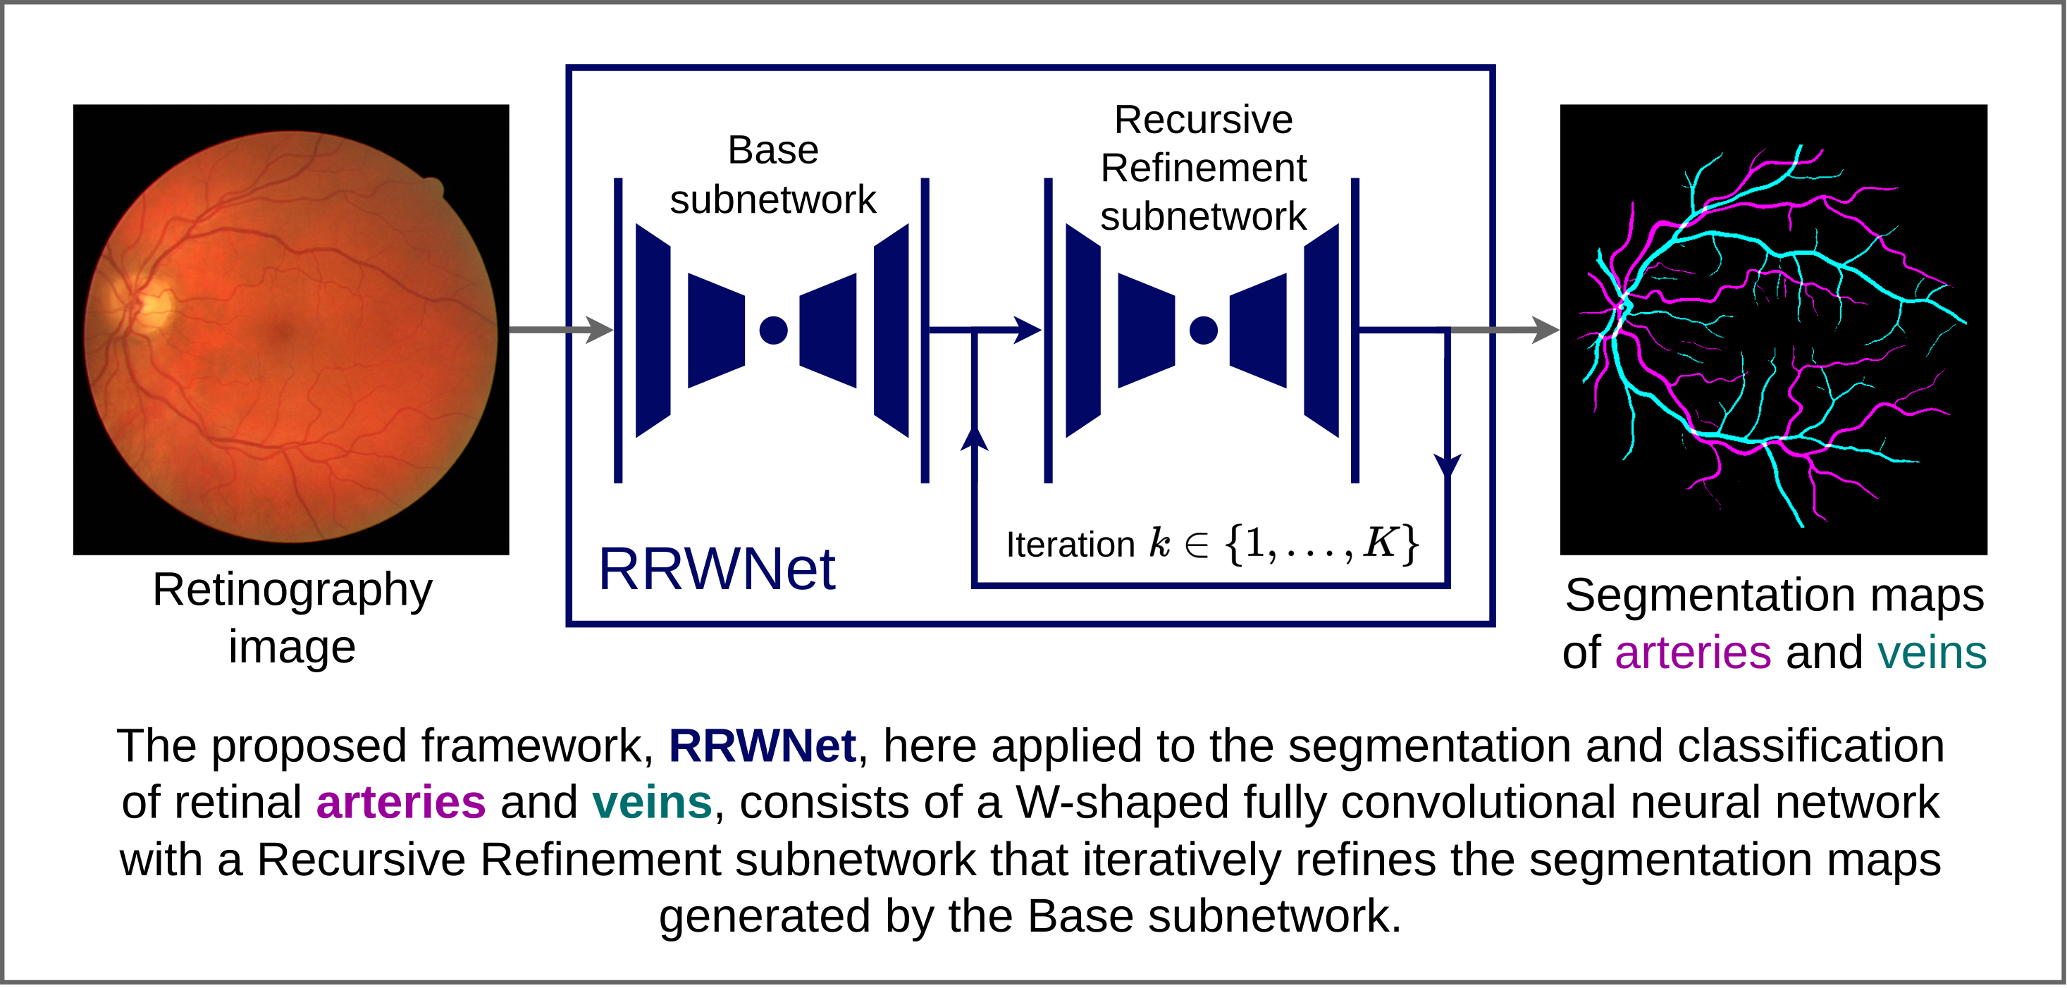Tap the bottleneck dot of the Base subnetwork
click(x=772, y=330)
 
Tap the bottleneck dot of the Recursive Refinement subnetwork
click(x=1203, y=330)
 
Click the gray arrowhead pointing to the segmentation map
click(x=1544, y=330)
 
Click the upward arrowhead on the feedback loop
click(x=974, y=439)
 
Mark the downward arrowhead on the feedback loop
click(x=1447, y=466)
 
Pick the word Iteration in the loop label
click(x=1070, y=545)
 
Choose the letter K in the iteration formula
click(x=1380, y=543)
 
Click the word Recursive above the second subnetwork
click(x=1203, y=121)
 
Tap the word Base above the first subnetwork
click(x=772, y=150)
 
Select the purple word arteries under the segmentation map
click(x=1692, y=653)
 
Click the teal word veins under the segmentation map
click(x=1932, y=653)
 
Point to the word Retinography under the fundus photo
click(x=292, y=591)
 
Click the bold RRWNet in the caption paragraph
click(x=762, y=746)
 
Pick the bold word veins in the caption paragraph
click(x=652, y=803)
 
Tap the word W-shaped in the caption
click(x=1122, y=803)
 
